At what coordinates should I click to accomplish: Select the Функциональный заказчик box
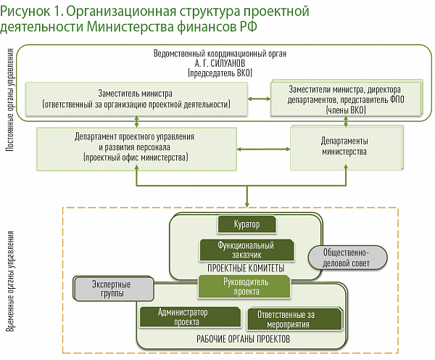coord(246,250)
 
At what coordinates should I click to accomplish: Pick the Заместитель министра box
coord(135,99)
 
